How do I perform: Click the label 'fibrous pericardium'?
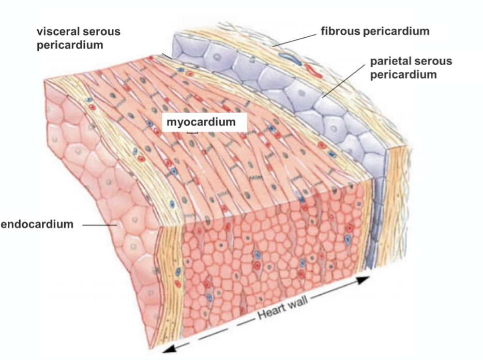375,31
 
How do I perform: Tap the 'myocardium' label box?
201,123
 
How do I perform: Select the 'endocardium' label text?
37,224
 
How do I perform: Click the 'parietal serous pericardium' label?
411,68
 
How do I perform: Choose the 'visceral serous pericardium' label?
78,38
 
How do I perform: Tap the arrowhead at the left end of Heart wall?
170,348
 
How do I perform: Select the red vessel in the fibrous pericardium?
314,69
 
